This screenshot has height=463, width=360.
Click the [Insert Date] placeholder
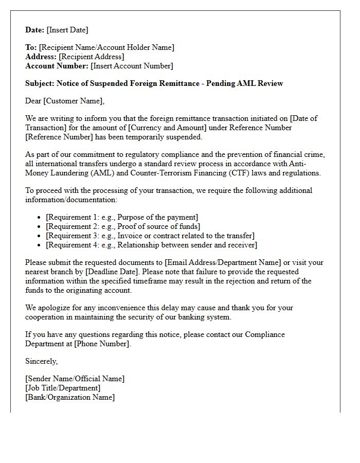67,30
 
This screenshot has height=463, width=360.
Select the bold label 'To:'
31,47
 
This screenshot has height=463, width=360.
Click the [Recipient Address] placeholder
92,57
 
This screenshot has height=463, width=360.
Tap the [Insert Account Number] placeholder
132,66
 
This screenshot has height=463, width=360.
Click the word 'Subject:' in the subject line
40,83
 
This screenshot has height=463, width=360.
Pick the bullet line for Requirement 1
122,217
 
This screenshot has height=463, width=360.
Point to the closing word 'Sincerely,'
42,361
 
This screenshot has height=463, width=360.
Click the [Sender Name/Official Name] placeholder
75,379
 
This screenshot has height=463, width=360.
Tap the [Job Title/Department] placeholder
63,388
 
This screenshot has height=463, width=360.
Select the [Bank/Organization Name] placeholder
70,397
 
